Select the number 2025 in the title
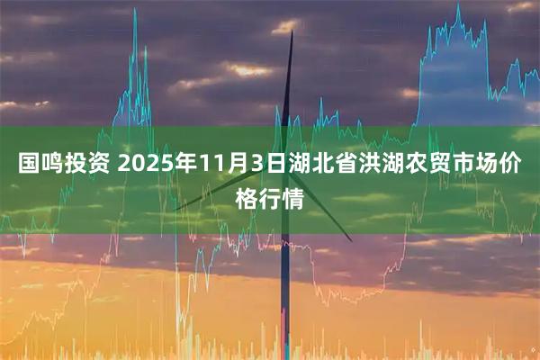pyautogui.click(x=142, y=166)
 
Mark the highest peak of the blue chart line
pyautogui.click(x=457, y=7)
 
